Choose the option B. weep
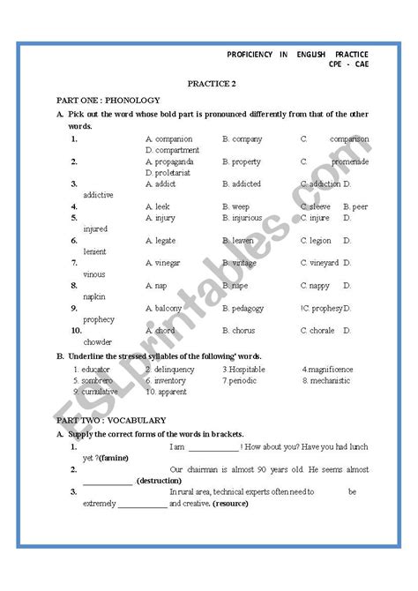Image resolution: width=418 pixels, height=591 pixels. tap(235, 206)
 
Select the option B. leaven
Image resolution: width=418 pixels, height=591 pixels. tap(239, 240)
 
